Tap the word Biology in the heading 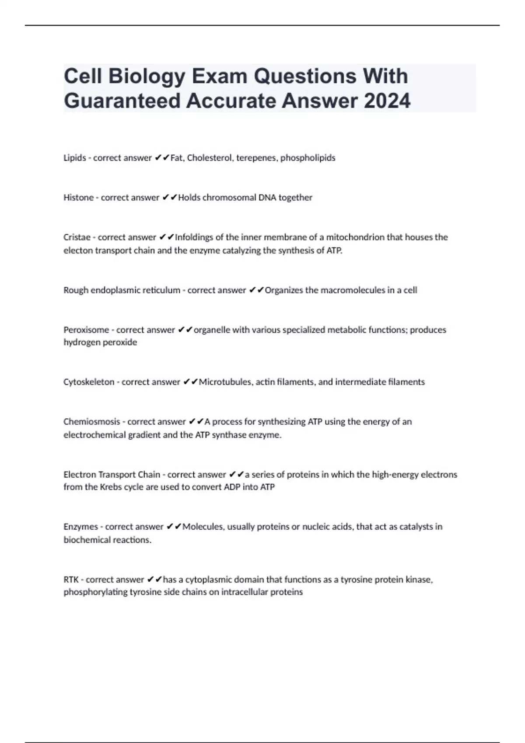pos(147,76)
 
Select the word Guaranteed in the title pos(122,101)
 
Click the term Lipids pos(75,158)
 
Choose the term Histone pos(79,198)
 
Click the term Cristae pos(77,237)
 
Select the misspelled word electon pos(77,251)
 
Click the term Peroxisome pos(86,330)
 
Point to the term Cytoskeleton pos(89,382)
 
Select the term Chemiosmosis pos(91,422)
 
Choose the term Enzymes pos(80,527)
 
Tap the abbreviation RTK pos(71,580)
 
